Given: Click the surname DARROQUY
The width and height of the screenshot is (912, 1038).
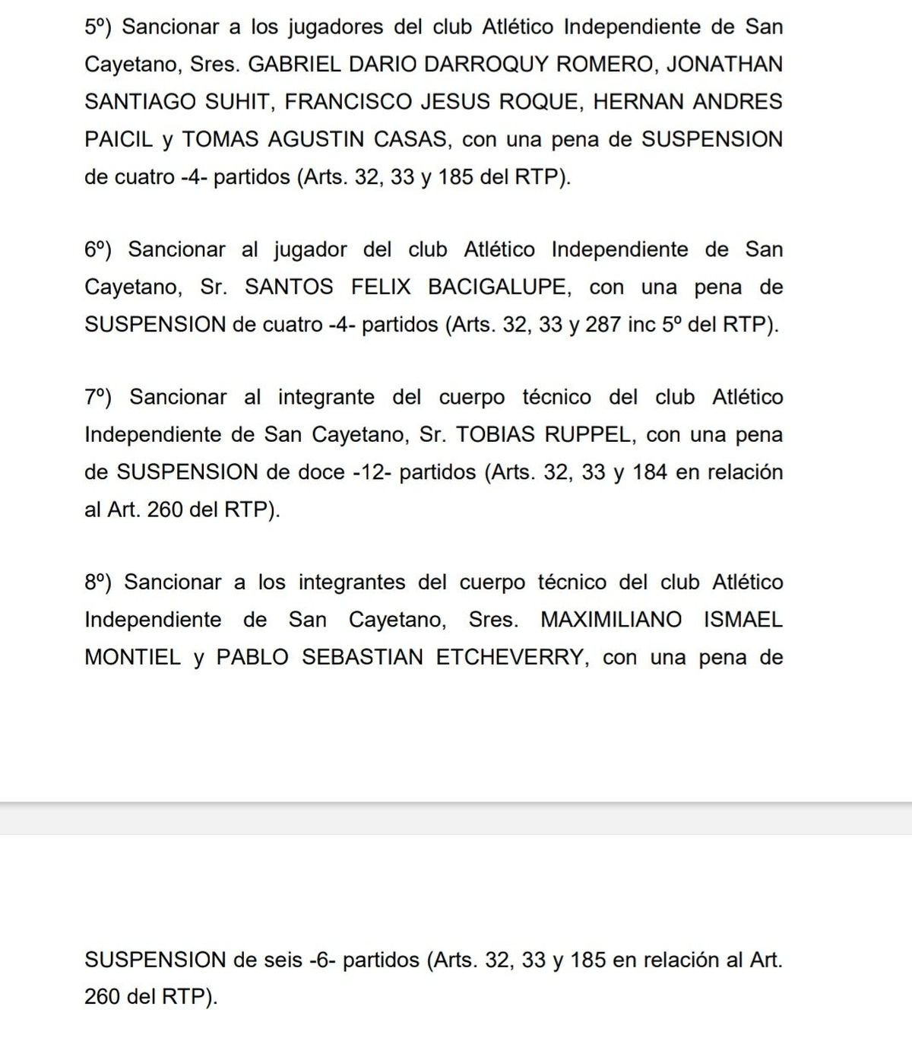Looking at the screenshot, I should [486, 65].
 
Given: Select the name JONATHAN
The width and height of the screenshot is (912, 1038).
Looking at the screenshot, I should [724, 65].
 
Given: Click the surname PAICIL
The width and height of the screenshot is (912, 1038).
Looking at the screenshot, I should [119, 140].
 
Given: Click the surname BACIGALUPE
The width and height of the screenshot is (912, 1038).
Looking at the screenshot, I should [497, 287].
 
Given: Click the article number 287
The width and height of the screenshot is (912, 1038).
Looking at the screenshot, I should [603, 325].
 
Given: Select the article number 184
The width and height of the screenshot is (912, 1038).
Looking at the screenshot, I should [649, 472].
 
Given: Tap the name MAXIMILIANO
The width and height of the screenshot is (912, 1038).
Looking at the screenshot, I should [611, 620].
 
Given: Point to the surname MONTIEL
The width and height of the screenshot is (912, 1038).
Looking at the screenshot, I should [132, 657].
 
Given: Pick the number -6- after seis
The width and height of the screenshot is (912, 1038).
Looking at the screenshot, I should [323, 960].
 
